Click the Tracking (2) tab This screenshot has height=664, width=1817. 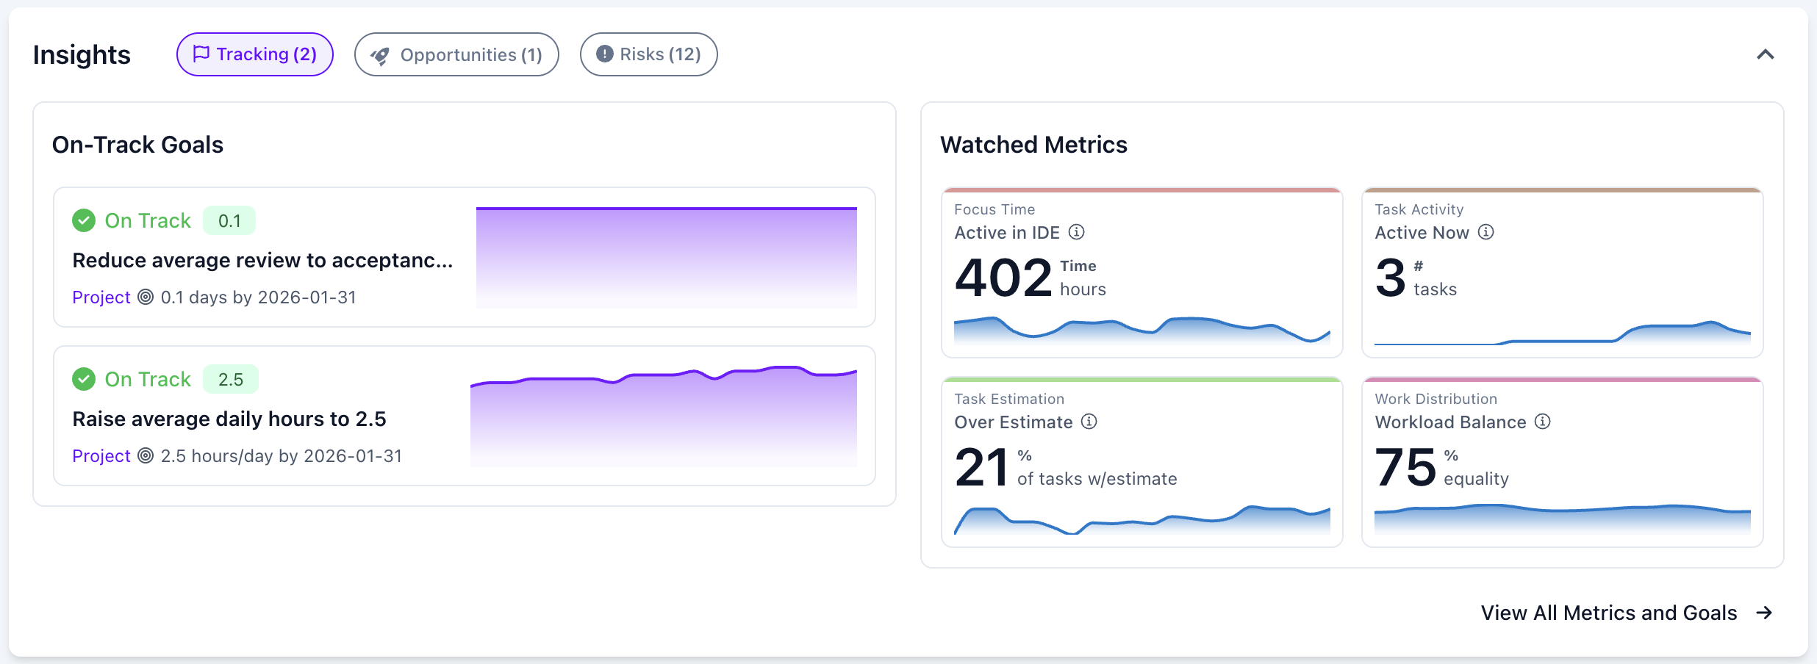click(254, 54)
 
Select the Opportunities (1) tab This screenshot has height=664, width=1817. click(456, 54)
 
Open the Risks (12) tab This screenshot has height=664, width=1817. click(648, 54)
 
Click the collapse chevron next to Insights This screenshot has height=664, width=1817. click(1765, 54)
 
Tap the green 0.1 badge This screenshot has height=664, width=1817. click(229, 220)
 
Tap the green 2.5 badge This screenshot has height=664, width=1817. click(230, 379)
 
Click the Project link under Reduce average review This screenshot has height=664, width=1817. click(101, 297)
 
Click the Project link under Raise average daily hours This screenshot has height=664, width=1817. click(101, 456)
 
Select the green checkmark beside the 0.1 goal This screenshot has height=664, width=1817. click(84, 220)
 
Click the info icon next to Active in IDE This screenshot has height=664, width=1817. click(1076, 232)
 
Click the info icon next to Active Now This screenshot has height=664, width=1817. click(1486, 232)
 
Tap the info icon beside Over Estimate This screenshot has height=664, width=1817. click(1089, 422)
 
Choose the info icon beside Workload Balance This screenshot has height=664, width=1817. click(1542, 422)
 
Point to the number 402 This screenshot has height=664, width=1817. click(1003, 278)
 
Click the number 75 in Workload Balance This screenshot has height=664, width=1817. click(1405, 468)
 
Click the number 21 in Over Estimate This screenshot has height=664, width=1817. click(981, 468)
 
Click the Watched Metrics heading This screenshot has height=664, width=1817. click(1033, 145)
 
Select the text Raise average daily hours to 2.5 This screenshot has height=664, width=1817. click(229, 419)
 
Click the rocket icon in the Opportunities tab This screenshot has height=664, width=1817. click(380, 56)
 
